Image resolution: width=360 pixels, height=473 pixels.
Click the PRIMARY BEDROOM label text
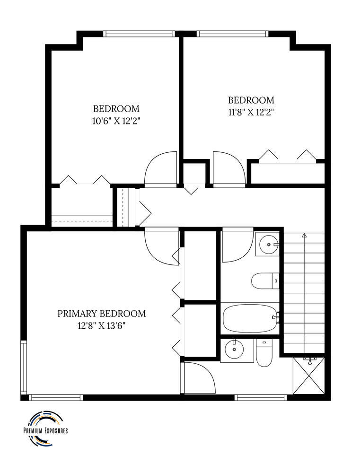coord(102,314)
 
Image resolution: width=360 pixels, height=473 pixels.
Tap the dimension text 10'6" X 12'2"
coord(116,121)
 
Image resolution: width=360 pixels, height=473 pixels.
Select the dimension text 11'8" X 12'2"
coord(251,113)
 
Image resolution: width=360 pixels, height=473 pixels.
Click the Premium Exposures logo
coord(45,429)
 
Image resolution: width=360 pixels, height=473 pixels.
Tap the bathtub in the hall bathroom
coord(250,318)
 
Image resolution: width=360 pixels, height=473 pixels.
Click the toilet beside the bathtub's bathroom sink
coord(265,281)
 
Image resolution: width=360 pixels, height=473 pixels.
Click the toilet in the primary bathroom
coord(264,353)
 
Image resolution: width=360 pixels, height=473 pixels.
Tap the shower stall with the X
coord(309,376)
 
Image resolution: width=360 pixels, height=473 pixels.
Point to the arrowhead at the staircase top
coord(304,235)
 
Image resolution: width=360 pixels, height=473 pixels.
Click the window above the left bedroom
coord(139,34)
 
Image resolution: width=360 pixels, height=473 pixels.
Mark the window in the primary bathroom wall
coord(260,398)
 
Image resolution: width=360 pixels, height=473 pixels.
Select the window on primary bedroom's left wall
coord(24,367)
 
